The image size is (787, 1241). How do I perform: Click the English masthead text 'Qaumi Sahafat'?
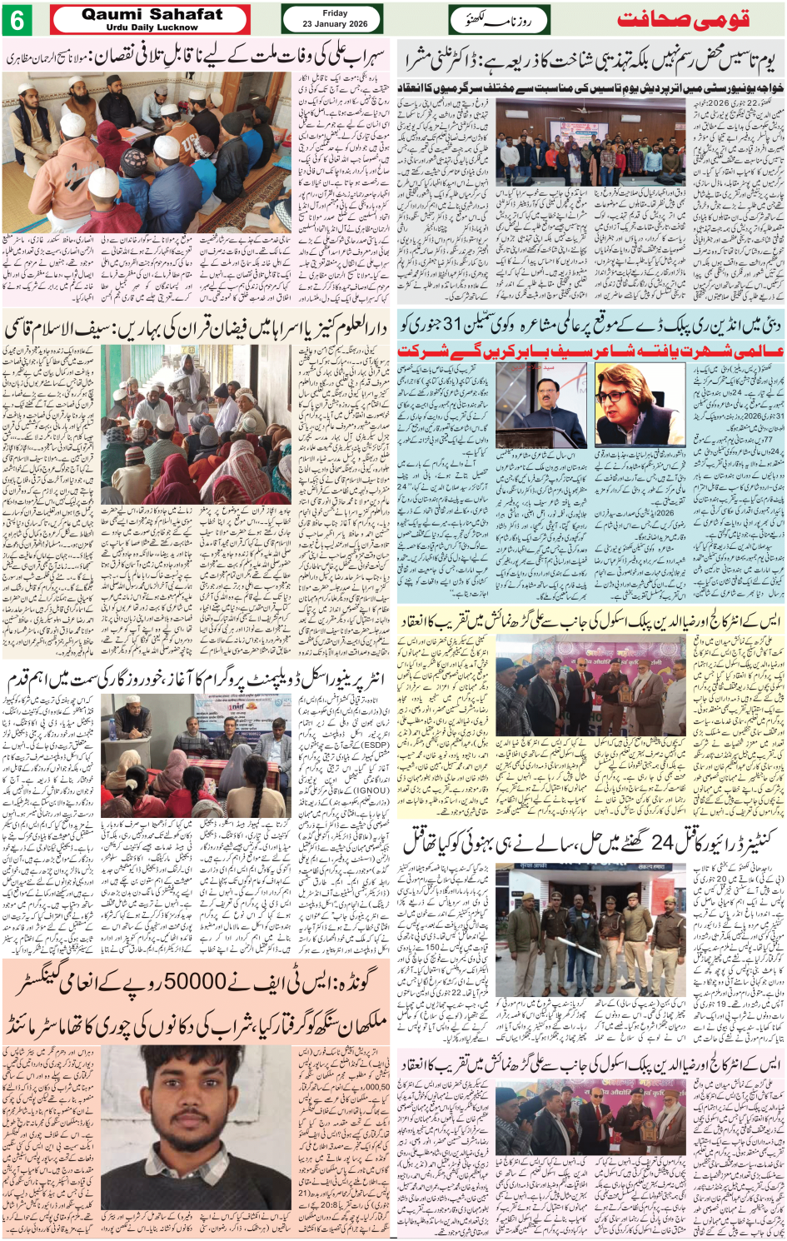pyautogui.click(x=152, y=13)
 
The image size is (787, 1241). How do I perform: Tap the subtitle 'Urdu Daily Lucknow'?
pyautogui.click(x=152, y=27)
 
